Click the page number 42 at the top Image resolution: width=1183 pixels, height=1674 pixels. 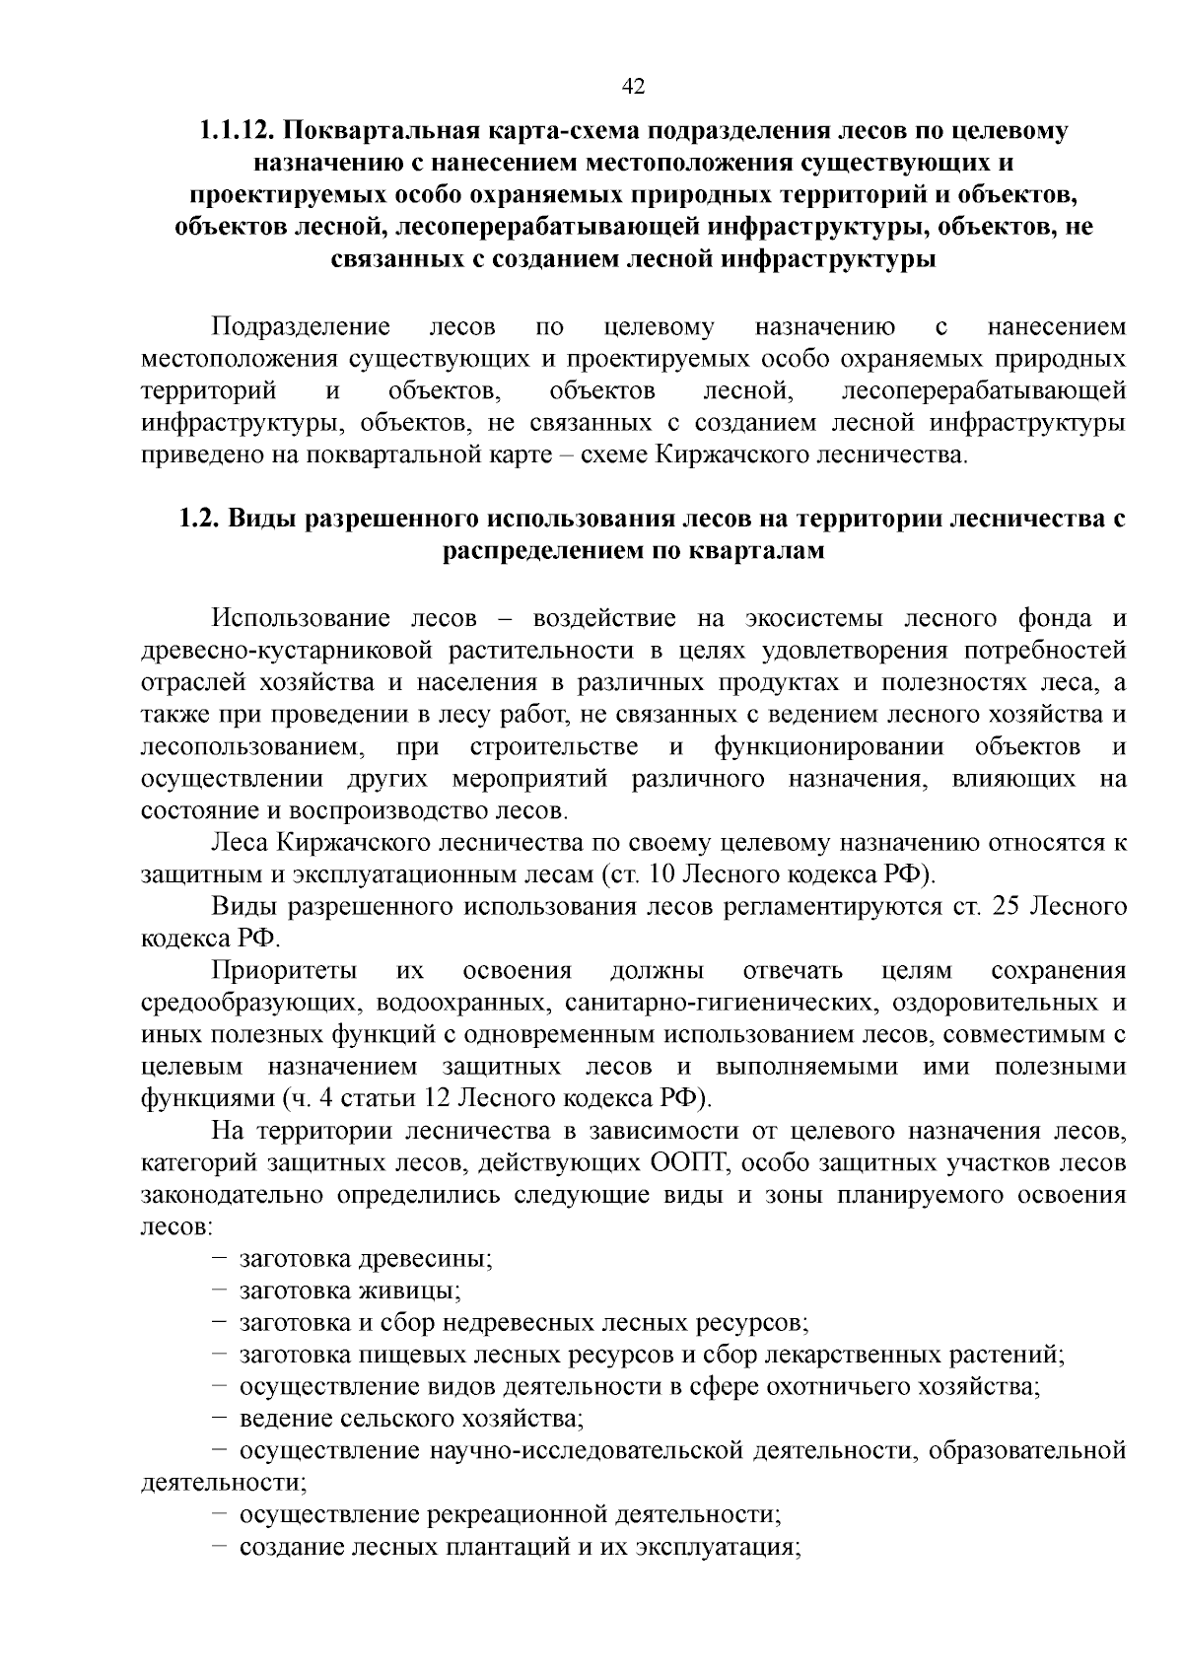[633, 87]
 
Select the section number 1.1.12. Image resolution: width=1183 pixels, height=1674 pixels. [234, 131]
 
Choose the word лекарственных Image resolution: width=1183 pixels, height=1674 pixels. [859, 1355]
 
